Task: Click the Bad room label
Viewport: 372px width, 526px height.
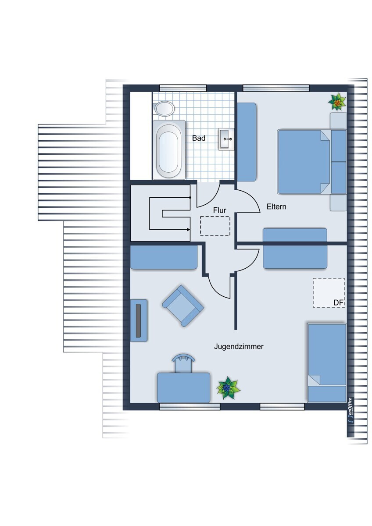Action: click(x=199, y=138)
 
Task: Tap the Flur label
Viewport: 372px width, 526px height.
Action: click(x=219, y=210)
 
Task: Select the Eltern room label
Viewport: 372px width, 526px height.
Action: click(x=276, y=206)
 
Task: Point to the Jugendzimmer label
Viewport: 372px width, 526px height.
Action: click(x=239, y=346)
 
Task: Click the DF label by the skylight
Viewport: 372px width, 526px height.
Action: click(x=338, y=303)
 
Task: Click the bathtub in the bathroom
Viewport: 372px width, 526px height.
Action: click(x=169, y=149)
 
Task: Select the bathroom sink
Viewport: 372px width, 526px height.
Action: click(x=226, y=139)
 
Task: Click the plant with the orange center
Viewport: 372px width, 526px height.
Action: click(x=337, y=102)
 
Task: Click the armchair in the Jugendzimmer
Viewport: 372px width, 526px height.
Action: click(x=183, y=306)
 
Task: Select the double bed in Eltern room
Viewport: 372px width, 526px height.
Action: click(x=311, y=162)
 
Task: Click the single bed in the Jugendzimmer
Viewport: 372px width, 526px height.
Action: click(x=327, y=363)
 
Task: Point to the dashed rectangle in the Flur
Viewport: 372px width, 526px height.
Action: click(x=215, y=226)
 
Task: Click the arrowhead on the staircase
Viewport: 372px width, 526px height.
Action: click(x=189, y=229)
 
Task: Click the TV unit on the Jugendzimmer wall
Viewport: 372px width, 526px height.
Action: click(x=139, y=320)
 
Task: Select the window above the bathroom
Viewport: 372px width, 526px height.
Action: click(x=183, y=88)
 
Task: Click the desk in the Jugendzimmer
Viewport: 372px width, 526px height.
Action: click(x=183, y=387)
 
